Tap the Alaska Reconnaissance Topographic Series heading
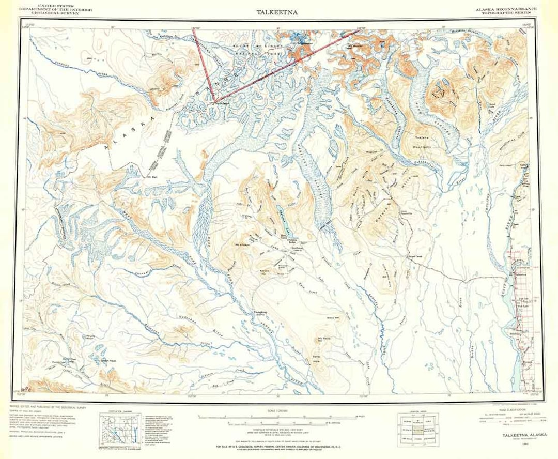507,12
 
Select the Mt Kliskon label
242,244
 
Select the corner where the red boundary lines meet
215,100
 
